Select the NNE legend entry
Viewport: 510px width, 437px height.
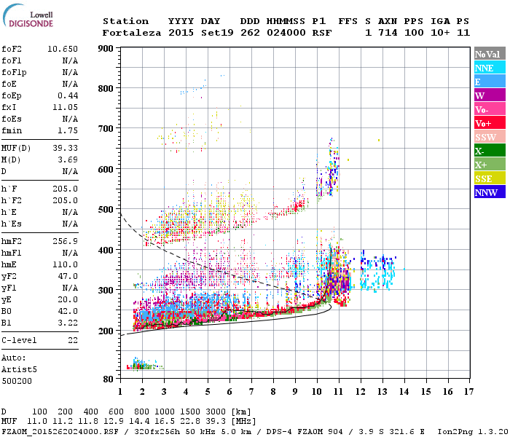(489, 68)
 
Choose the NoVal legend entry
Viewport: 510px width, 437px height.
(489, 54)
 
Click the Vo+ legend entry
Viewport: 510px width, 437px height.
(489, 123)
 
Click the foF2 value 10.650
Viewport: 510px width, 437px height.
(63, 48)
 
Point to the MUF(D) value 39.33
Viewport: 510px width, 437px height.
(66, 149)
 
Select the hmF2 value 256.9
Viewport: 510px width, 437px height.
(66, 240)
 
